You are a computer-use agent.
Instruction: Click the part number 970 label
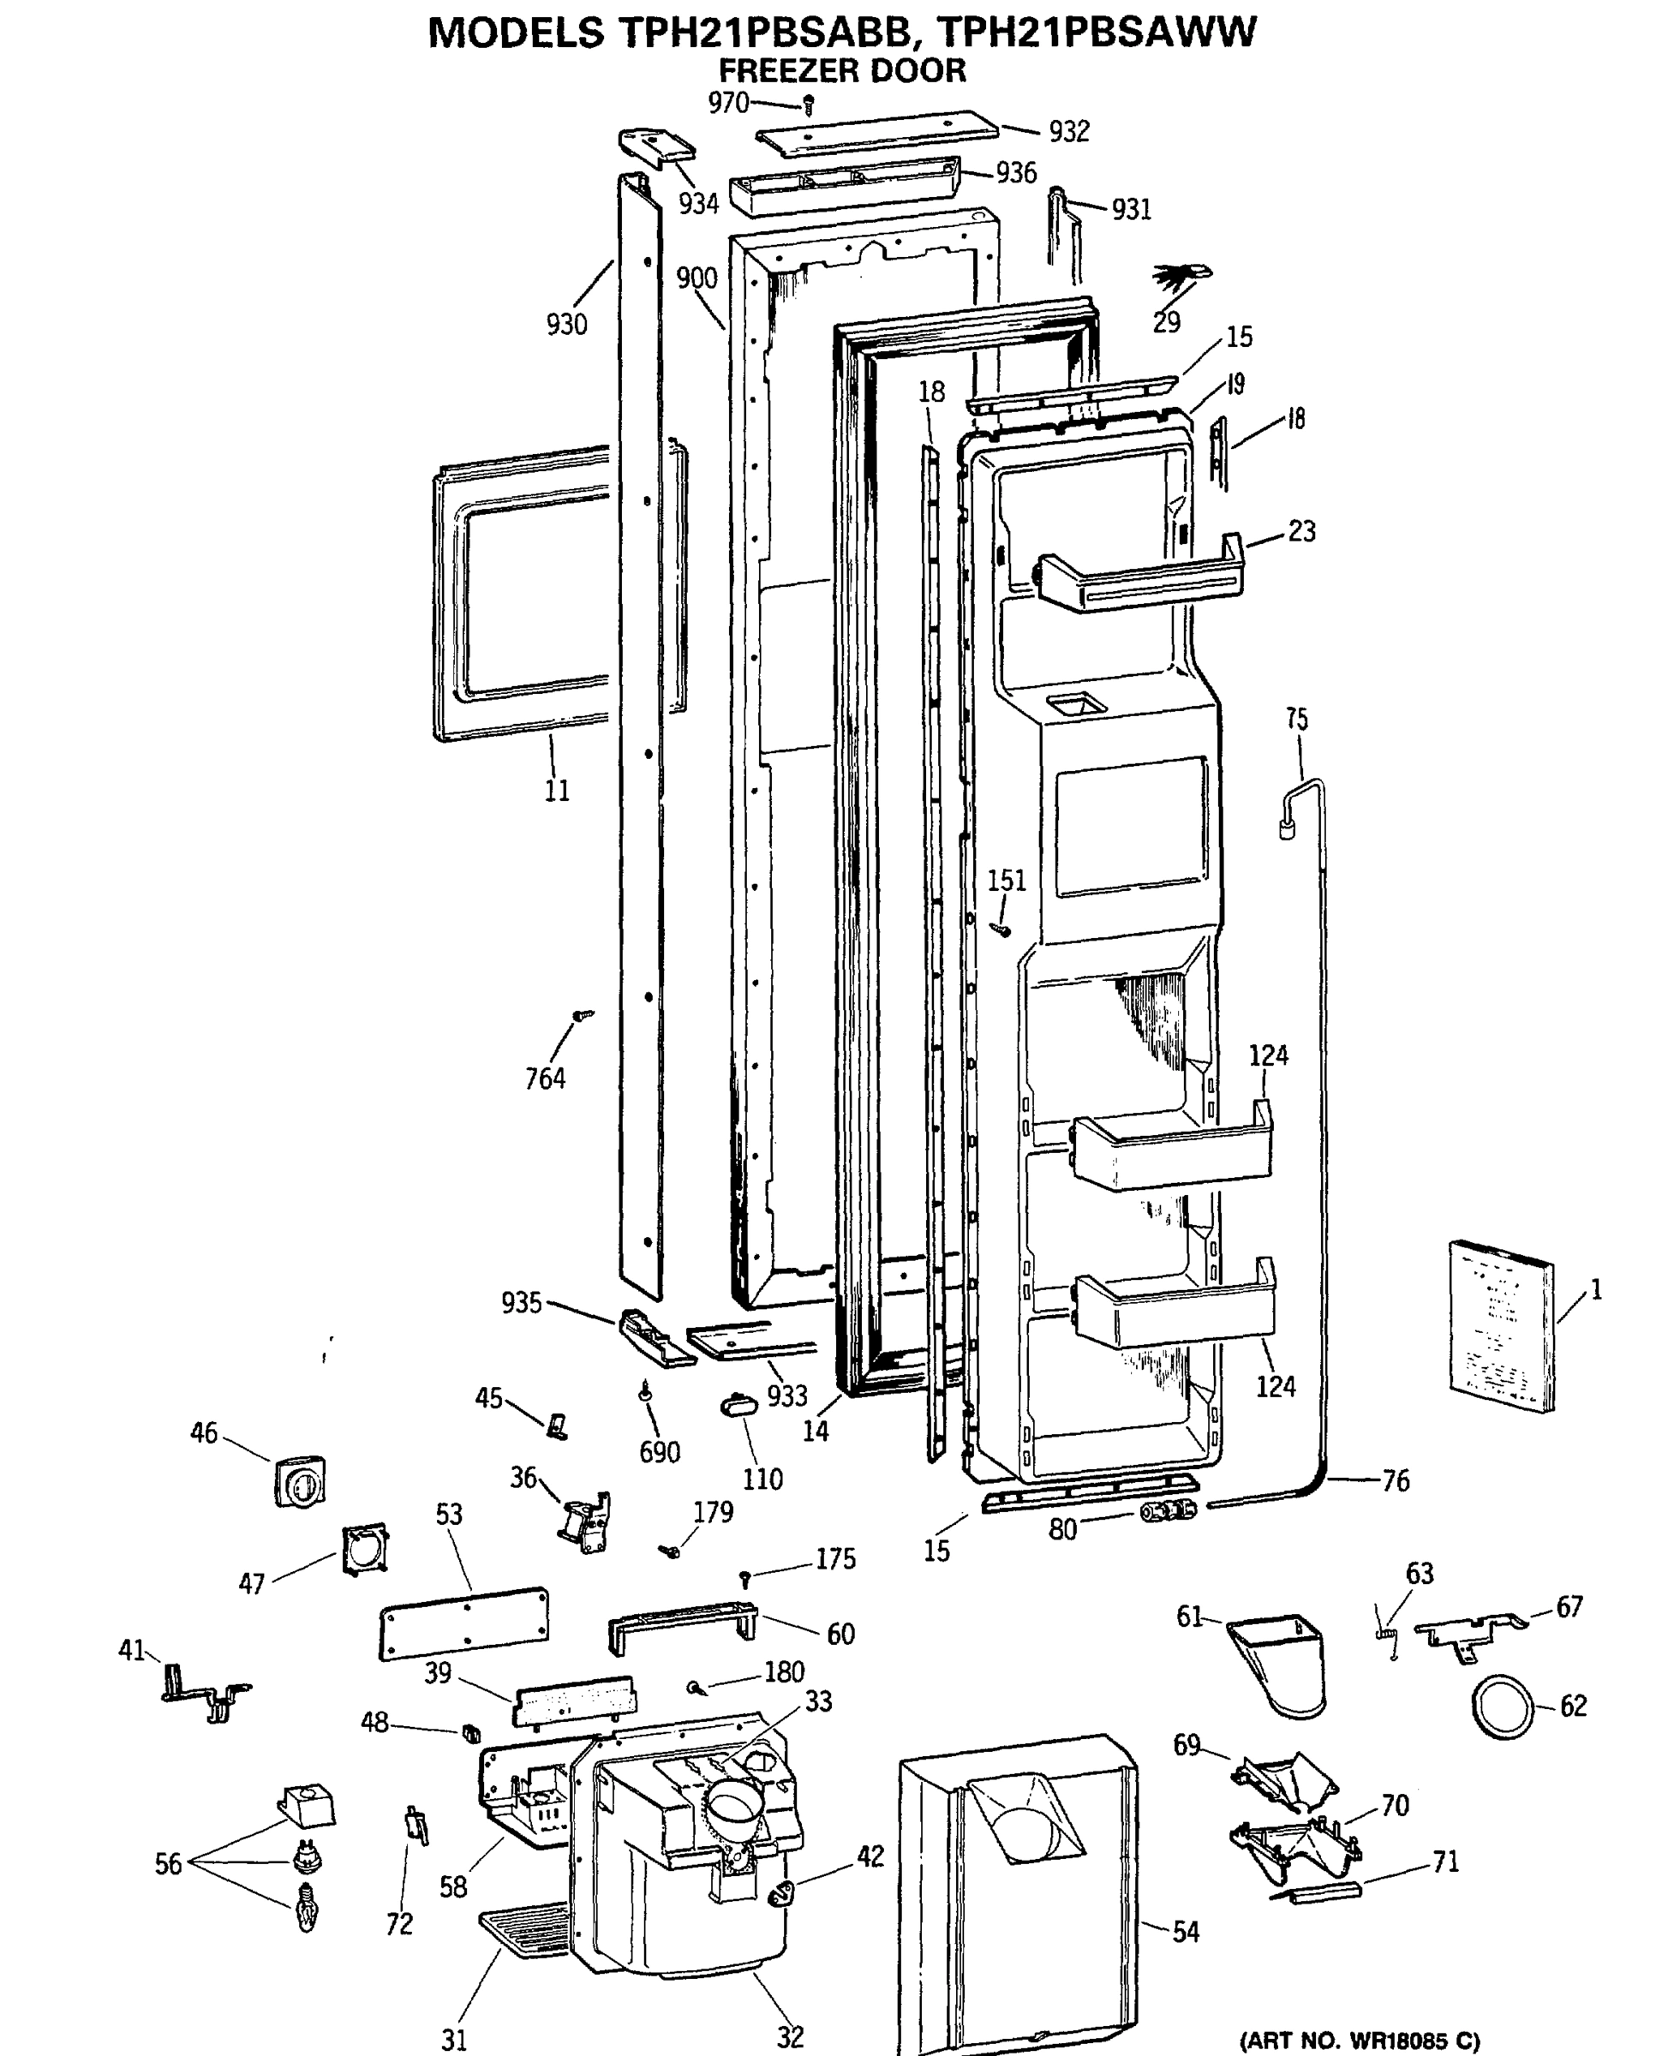[x=727, y=102]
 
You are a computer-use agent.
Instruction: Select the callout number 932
[x=1068, y=132]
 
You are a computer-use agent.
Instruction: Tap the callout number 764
[x=545, y=1079]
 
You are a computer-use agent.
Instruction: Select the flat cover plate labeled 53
[x=464, y=1623]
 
